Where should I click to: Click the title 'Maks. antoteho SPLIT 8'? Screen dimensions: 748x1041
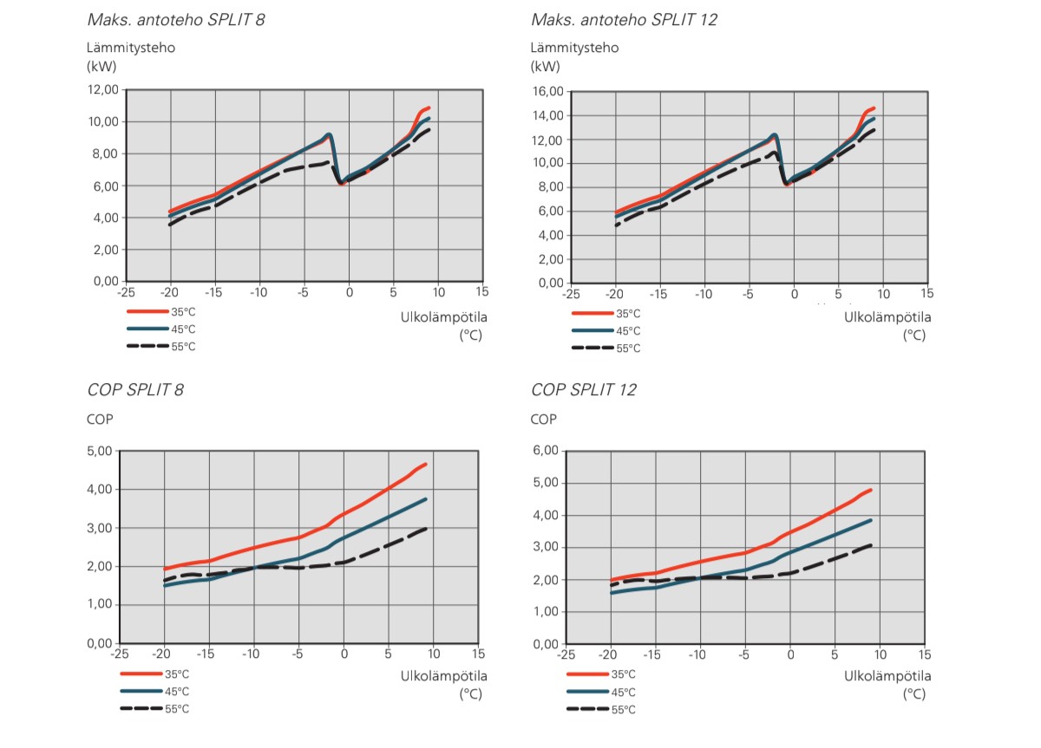(176, 19)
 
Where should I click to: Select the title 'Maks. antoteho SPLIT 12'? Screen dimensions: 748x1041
(624, 19)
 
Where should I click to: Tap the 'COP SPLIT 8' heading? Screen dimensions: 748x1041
(135, 389)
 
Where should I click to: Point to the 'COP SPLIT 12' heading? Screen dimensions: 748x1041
(584, 390)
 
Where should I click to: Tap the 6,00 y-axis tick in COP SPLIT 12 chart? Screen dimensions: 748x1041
(542, 451)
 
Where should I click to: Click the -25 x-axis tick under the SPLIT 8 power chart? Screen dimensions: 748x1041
(126, 292)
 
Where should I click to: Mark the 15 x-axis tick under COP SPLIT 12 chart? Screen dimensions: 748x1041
(926, 654)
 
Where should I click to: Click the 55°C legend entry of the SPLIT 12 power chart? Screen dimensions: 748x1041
(627, 348)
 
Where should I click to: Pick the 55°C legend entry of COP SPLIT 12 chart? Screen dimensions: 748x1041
(622, 709)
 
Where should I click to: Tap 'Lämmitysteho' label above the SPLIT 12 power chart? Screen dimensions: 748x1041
(574, 48)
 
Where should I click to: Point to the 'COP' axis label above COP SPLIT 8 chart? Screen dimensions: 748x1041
(101, 420)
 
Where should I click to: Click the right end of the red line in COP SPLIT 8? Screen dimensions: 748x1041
(426, 465)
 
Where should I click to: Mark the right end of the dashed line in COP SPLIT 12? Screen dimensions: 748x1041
(871, 545)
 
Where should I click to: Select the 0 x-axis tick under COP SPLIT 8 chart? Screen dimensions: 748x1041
(344, 654)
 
